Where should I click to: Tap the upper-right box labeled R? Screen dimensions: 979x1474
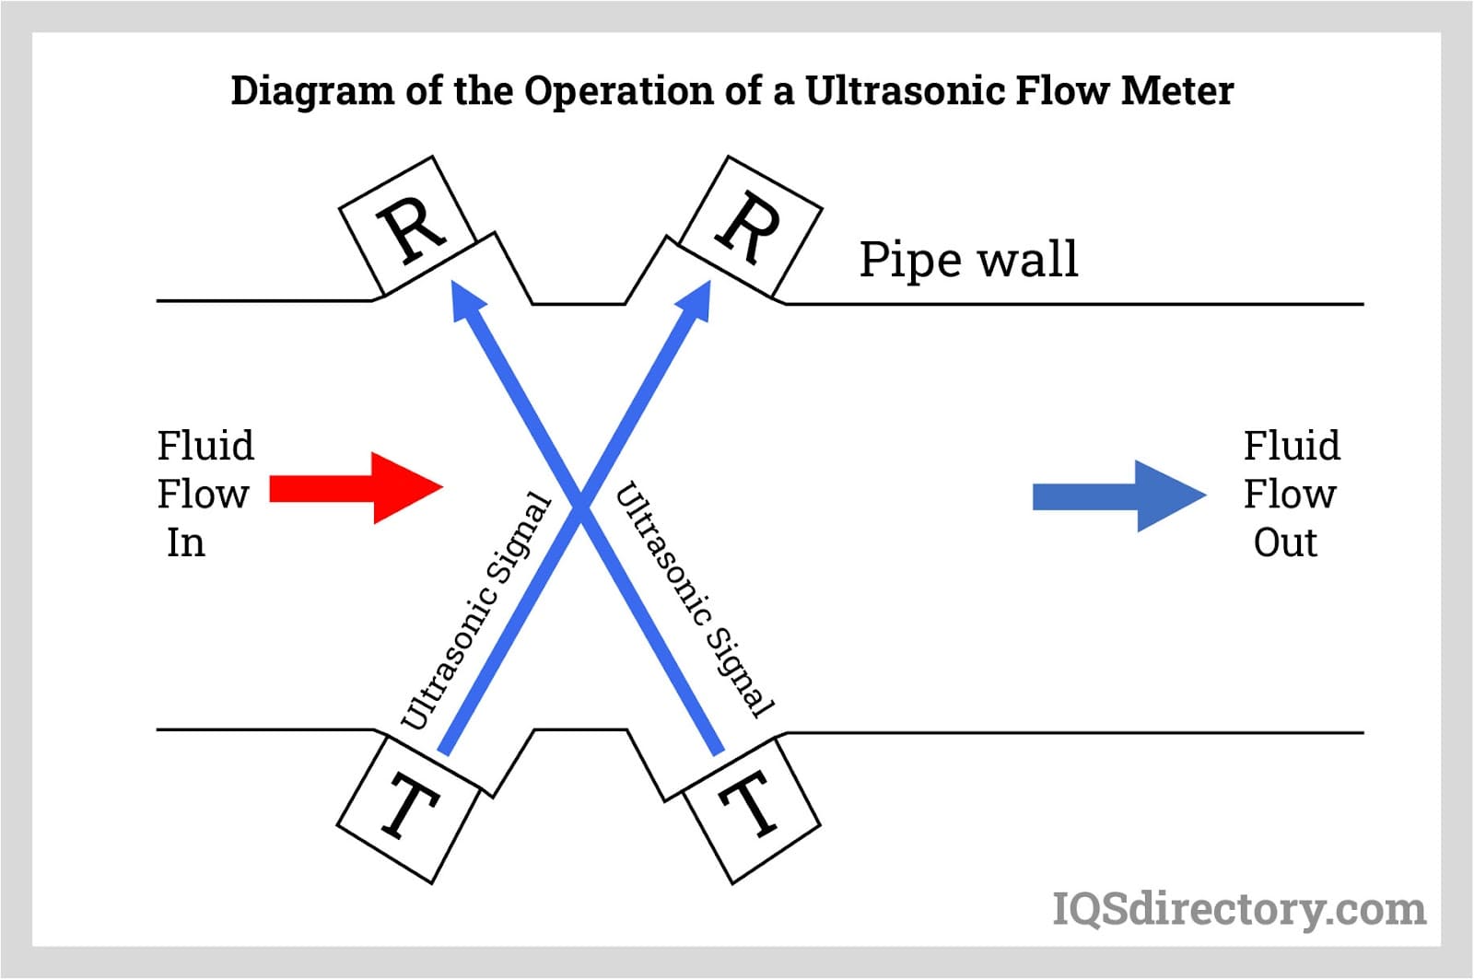pos(752,226)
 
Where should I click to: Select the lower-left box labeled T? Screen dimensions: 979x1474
pos(408,810)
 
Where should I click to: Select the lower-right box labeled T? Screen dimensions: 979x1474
pos(752,810)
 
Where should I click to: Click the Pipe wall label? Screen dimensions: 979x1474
pos(967,260)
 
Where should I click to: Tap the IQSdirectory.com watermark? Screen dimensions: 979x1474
pos(1239,910)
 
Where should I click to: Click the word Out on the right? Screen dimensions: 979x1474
pos(1285,542)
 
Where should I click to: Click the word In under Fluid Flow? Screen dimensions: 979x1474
pos(185,542)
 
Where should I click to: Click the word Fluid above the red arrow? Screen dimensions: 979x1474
pos(205,446)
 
